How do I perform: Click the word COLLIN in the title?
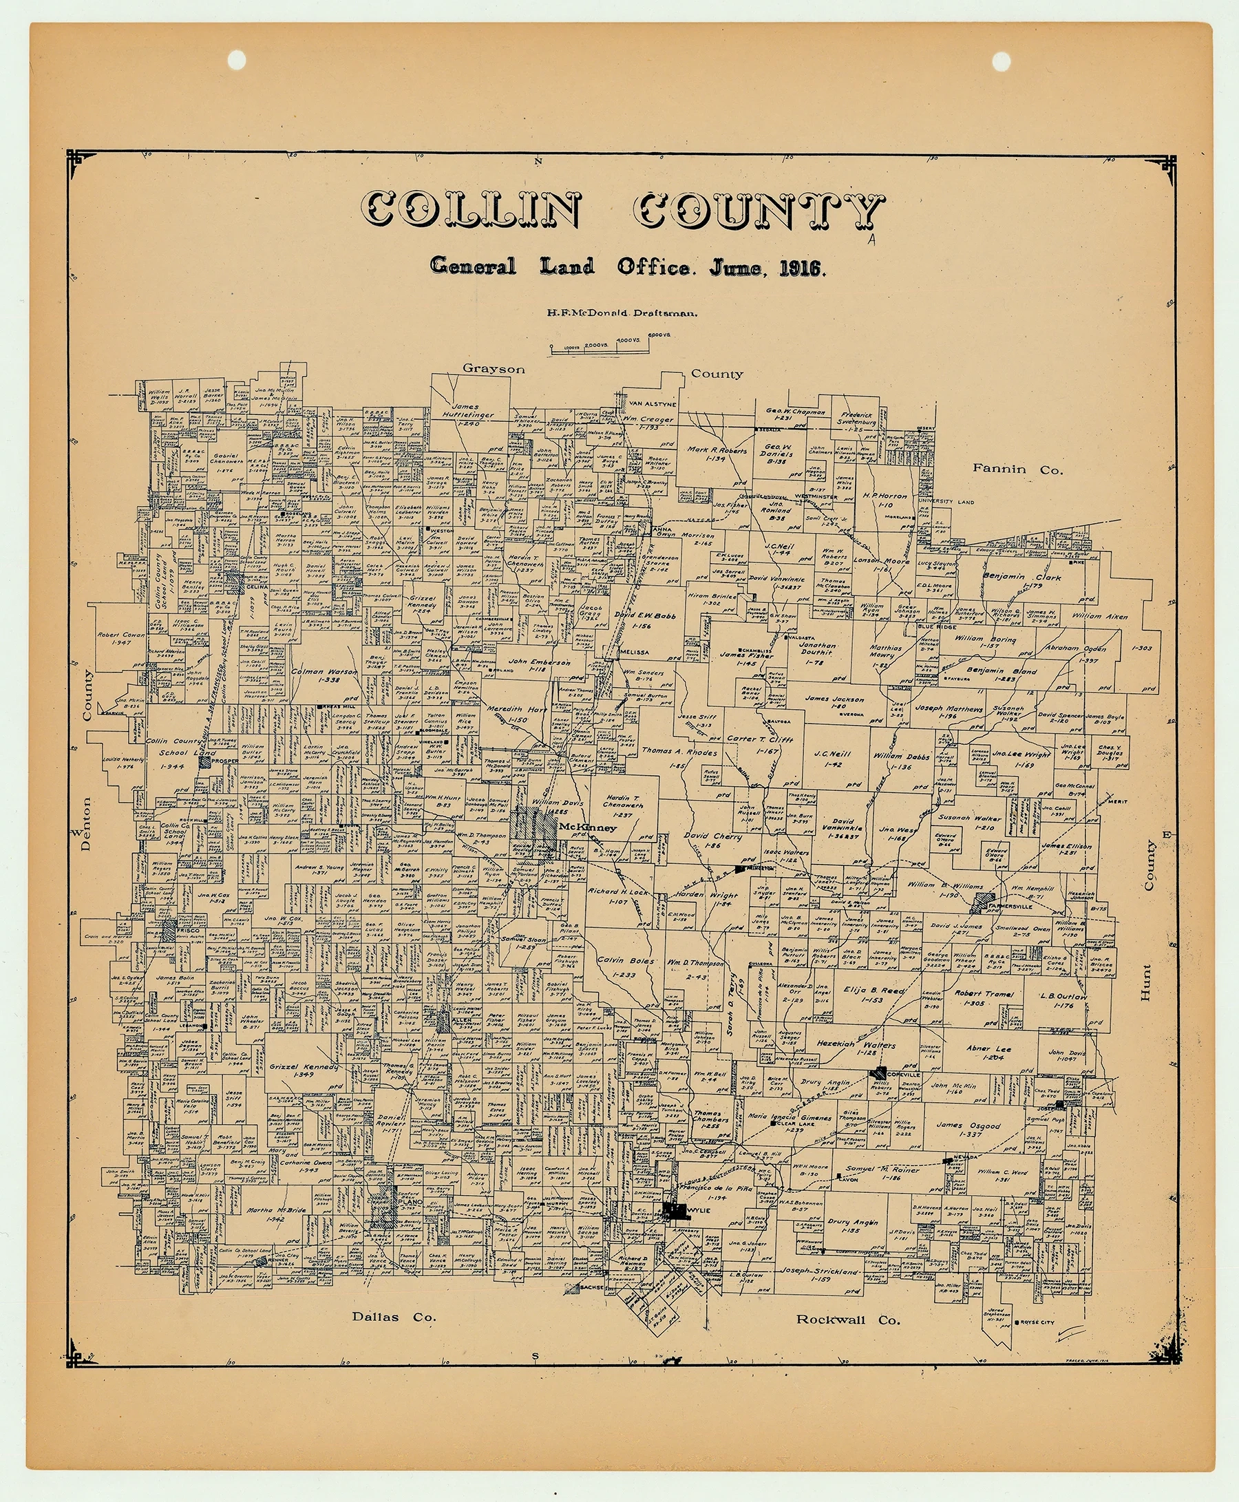(x=470, y=212)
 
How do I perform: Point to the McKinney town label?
(x=586, y=827)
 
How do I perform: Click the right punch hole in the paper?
(x=1002, y=61)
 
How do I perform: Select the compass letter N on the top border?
(x=539, y=161)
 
